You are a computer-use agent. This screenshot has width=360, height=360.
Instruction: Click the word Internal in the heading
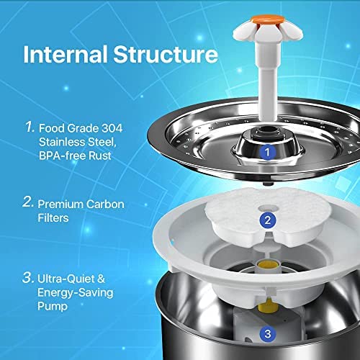coord(66,54)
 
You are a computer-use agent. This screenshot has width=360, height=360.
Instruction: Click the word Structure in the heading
coord(166,54)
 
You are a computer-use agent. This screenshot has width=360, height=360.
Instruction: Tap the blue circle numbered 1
coord(267,152)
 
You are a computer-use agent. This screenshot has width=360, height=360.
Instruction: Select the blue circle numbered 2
coord(267,220)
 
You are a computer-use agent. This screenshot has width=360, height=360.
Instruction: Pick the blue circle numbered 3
coord(268,333)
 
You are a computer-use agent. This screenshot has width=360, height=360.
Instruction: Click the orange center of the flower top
coord(267,19)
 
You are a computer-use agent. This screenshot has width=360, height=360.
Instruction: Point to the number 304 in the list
coord(112,128)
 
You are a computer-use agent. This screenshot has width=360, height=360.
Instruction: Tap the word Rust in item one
coord(100,156)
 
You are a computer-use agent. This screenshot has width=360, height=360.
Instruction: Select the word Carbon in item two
coord(105,204)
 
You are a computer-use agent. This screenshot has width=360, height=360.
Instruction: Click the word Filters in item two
coord(53,218)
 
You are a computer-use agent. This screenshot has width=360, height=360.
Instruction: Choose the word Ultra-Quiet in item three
coord(66,279)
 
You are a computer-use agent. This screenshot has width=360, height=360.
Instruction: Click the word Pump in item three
coord(53,307)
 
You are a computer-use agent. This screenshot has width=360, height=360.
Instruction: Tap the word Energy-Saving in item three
coord(76,293)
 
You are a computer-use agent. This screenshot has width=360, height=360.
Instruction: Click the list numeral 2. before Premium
coord(28,202)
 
